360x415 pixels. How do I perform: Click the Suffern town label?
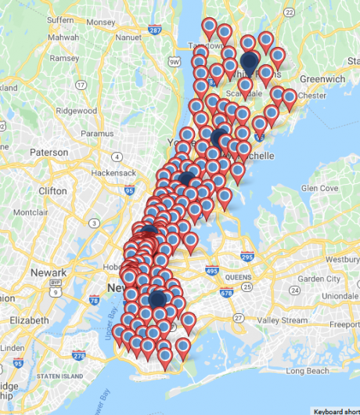[59, 19]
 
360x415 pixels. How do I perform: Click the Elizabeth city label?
[31, 320]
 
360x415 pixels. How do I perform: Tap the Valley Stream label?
[284, 320]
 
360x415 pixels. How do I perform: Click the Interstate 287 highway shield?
[154, 30]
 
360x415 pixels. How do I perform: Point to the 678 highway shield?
[227, 294]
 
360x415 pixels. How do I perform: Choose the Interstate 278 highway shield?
[77, 355]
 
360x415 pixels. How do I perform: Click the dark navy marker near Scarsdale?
[249, 61]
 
